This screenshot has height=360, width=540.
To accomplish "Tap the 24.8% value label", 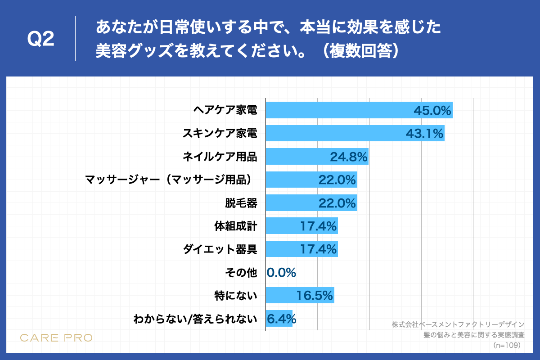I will pyautogui.click(x=349, y=157).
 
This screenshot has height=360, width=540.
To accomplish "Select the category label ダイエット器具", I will pyautogui.click(x=220, y=249).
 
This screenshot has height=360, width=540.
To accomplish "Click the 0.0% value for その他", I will pyautogui.click(x=281, y=272).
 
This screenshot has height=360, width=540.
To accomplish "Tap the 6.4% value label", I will pyautogui.click(x=281, y=319).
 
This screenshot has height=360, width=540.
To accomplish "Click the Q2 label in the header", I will pyautogui.click(x=40, y=40).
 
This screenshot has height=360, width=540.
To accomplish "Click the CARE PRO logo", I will pyautogui.click(x=56, y=337).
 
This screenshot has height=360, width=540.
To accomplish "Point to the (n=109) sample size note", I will pyautogui.click(x=507, y=345).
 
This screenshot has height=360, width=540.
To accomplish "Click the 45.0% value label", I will pyautogui.click(x=432, y=110).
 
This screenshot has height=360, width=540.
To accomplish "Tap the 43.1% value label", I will pyautogui.click(x=425, y=134).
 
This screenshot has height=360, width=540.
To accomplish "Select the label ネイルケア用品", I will pyautogui.click(x=220, y=157).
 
